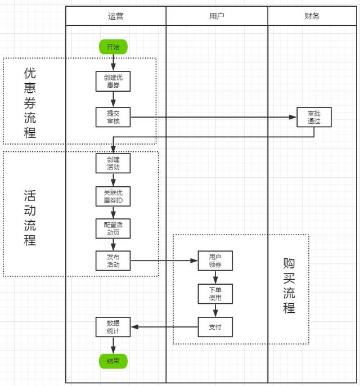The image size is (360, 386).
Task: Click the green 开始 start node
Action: (x=113, y=47)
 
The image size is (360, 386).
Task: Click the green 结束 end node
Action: (x=113, y=361)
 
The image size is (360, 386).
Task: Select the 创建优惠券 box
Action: (x=113, y=82)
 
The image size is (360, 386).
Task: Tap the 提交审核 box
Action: (x=113, y=117)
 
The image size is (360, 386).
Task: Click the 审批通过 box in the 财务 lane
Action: (x=314, y=117)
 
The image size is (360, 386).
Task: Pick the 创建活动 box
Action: (x=113, y=163)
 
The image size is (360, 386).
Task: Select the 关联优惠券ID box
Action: (x=113, y=196)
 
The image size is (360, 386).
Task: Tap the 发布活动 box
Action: (x=113, y=261)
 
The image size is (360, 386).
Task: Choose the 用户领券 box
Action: (x=215, y=261)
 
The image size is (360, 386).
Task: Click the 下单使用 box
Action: (x=215, y=294)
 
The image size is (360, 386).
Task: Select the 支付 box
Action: (x=215, y=327)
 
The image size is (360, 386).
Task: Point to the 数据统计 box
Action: (x=113, y=327)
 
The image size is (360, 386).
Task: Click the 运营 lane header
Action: (x=116, y=16)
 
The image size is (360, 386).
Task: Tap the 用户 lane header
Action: (x=217, y=16)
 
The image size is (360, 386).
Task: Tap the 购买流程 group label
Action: (x=289, y=286)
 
